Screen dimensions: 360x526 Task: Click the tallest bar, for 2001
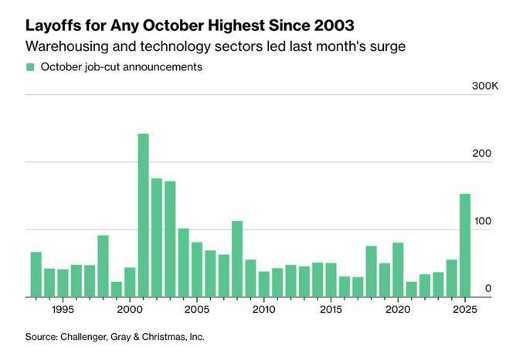(x=143, y=216)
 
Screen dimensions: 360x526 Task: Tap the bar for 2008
(x=237, y=259)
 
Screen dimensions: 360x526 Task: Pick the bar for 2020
(x=398, y=270)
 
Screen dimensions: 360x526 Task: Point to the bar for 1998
(x=103, y=266)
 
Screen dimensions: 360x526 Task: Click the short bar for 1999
(x=117, y=289)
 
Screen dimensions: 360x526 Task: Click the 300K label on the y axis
(x=485, y=86)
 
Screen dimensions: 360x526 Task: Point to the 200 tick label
(x=482, y=154)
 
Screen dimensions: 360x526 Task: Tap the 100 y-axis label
(x=482, y=221)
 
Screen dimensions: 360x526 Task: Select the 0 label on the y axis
(x=487, y=288)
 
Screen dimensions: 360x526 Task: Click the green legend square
(x=30, y=67)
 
